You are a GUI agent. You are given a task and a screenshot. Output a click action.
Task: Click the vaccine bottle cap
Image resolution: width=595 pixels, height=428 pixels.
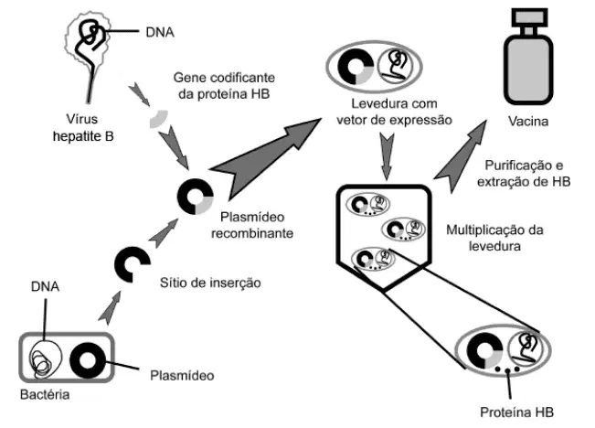(529, 17)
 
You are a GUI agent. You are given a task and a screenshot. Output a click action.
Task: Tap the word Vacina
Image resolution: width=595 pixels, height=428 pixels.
(528, 122)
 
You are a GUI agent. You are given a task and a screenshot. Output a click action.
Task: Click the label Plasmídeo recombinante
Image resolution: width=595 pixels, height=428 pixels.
(252, 225)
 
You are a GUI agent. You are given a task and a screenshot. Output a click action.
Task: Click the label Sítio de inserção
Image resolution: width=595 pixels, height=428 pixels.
(210, 283)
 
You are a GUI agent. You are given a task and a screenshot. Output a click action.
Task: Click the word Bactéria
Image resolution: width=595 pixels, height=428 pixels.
(45, 395)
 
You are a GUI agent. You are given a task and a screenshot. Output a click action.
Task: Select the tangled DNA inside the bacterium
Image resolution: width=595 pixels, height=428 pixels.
(46, 358)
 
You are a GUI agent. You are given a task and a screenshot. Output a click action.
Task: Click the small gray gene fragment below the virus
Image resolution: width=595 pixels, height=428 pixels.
(159, 119)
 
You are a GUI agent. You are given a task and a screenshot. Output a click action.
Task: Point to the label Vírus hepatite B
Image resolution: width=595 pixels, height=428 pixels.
(83, 128)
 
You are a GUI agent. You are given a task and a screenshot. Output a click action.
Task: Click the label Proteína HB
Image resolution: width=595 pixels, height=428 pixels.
(516, 412)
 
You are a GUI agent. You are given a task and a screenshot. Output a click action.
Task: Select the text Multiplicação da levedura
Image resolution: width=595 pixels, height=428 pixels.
(494, 238)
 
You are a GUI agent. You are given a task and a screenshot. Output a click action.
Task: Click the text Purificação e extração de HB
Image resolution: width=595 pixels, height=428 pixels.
(524, 174)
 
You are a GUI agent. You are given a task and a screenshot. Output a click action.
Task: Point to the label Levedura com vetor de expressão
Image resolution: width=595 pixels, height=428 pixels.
(394, 112)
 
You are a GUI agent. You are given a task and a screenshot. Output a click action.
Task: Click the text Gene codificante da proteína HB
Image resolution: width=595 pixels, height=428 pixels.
(224, 86)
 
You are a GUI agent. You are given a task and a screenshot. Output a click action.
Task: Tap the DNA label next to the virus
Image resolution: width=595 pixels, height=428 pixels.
(160, 32)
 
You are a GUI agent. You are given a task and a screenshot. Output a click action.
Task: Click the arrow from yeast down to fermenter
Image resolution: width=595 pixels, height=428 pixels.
(387, 156)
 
